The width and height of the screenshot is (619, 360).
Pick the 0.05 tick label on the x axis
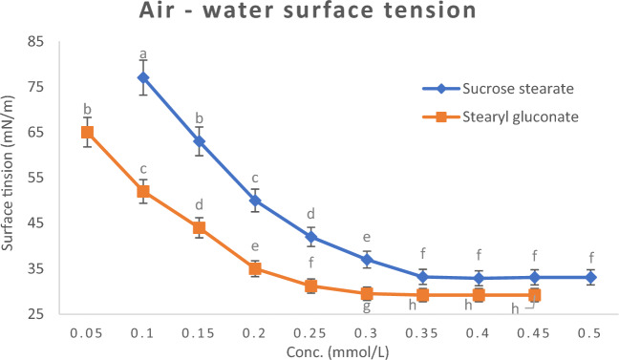click(x=87, y=330)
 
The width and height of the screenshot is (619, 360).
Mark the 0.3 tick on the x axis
click(x=367, y=330)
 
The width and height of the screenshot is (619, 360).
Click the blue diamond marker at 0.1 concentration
click(x=143, y=77)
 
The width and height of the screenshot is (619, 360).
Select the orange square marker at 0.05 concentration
click(x=87, y=132)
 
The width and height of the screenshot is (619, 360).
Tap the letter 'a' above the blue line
click(x=143, y=53)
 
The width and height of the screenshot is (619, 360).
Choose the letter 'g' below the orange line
click(x=367, y=307)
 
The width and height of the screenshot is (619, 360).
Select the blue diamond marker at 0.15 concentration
click(x=199, y=141)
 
